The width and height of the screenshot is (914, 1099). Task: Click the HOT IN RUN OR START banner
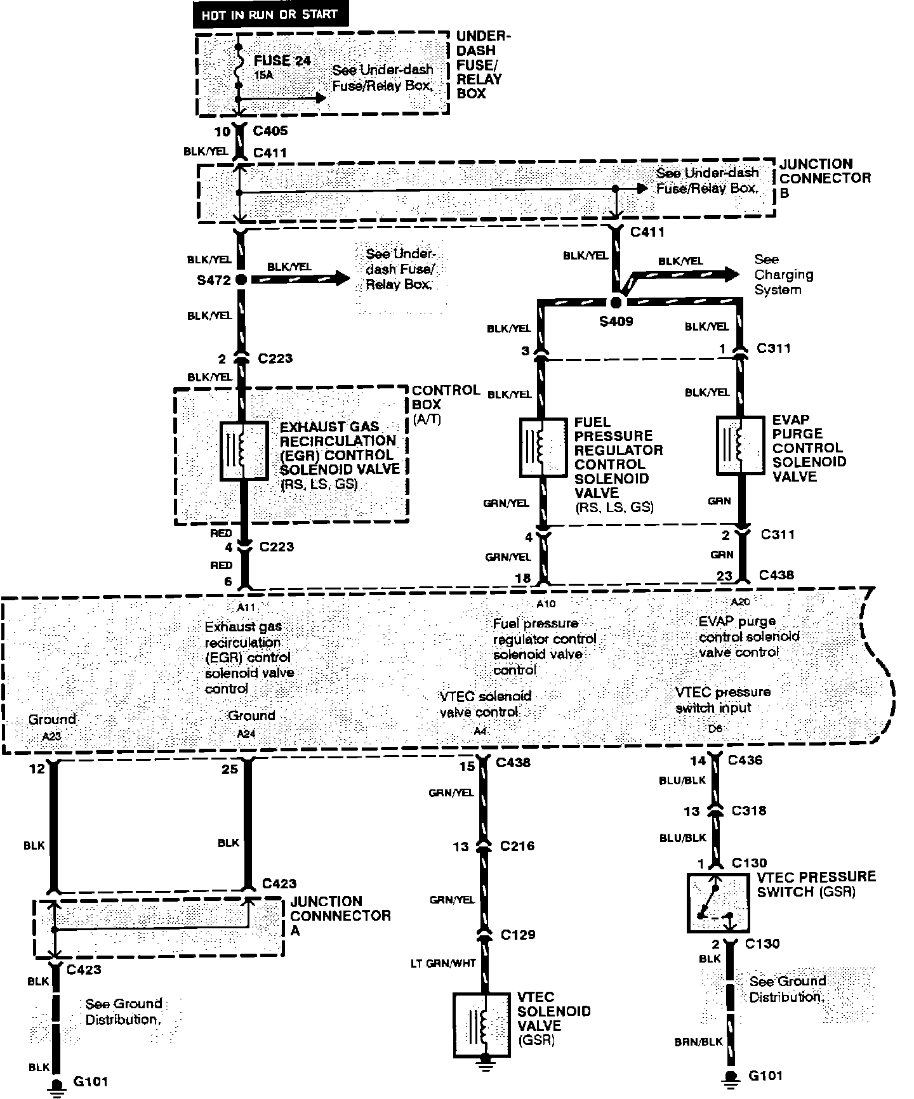pyautogui.click(x=270, y=14)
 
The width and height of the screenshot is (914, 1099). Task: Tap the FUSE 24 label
pyautogui.click(x=282, y=61)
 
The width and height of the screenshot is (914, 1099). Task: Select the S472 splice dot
pyautogui.click(x=241, y=279)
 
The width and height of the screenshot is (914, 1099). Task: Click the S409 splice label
pyautogui.click(x=616, y=321)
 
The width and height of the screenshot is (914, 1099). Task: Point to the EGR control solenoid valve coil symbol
pyautogui.click(x=244, y=451)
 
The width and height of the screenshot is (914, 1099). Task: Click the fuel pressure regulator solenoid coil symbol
pyautogui.click(x=543, y=447)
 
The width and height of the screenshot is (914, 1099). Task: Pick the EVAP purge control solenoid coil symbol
pyautogui.click(x=739, y=445)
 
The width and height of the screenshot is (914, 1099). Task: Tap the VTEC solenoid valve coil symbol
pyautogui.click(x=482, y=1025)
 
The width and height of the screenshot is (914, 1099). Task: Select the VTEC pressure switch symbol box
pyautogui.click(x=718, y=902)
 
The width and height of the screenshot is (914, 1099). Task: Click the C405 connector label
pyautogui.click(x=270, y=131)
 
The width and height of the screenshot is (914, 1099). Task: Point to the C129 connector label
pyautogui.click(x=517, y=934)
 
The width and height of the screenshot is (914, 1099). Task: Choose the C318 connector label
pyautogui.click(x=748, y=810)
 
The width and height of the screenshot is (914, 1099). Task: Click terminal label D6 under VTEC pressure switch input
pyautogui.click(x=715, y=728)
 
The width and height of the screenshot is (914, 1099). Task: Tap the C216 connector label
pyautogui.click(x=517, y=846)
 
